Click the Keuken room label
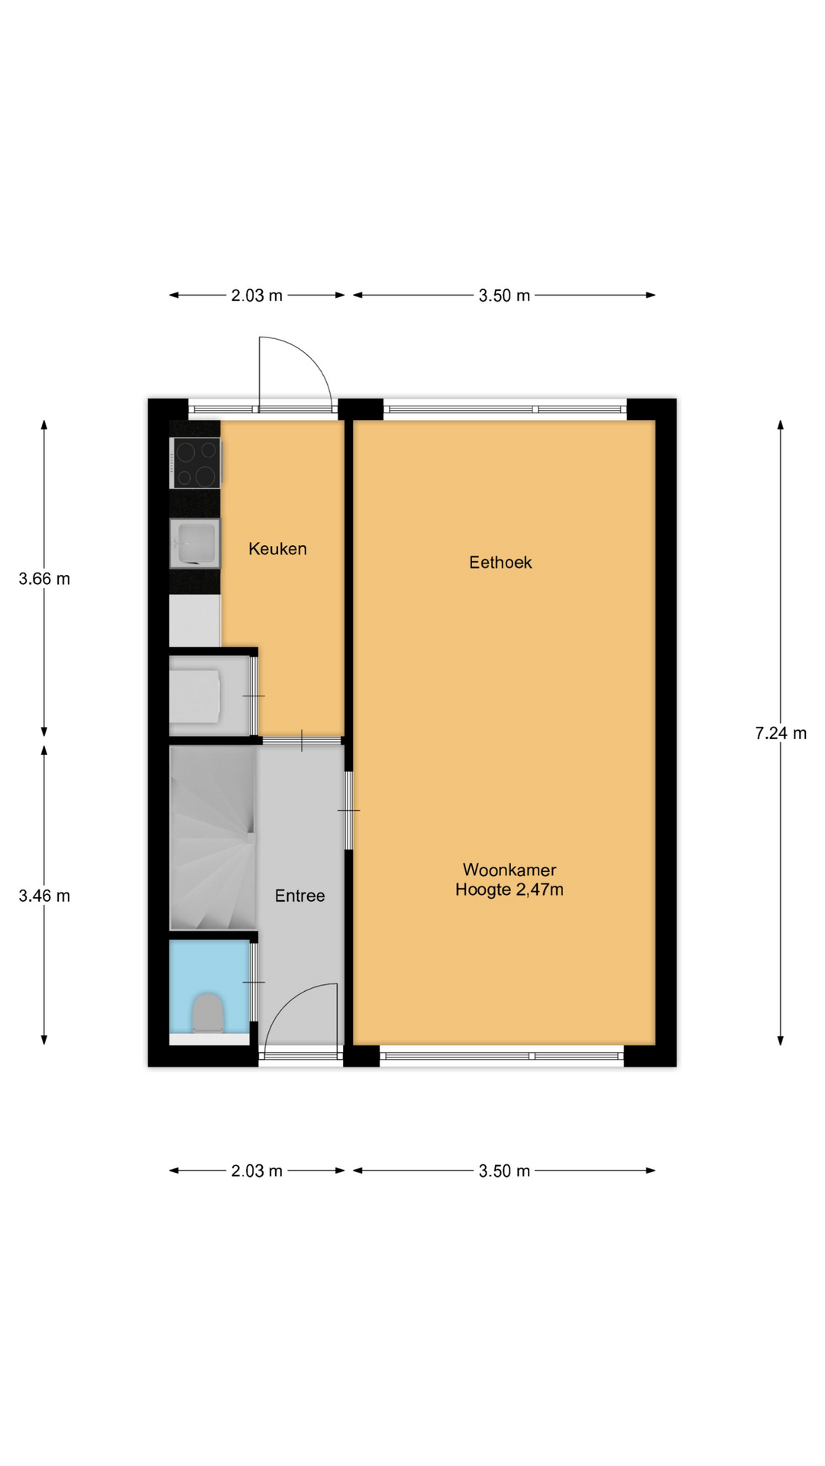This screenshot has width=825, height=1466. pyautogui.click(x=277, y=548)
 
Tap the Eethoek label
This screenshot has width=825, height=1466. pyautogui.click(x=500, y=562)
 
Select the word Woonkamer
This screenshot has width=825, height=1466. pyautogui.click(x=510, y=870)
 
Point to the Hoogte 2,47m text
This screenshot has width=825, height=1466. pyautogui.click(x=510, y=890)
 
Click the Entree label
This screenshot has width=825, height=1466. pyautogui.click(x=300, y=896)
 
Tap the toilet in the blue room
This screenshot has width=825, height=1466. pyautogui.click(x=208, y=1012)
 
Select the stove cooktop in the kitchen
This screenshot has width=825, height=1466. pyautogui.click(x=196, y=463)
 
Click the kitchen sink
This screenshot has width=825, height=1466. pyautogui.click(x=196, y=544)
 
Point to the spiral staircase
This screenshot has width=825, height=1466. pyautogui.click(x=213, y=838)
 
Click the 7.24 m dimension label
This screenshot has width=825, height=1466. pyautogui.click(x=781, y=733)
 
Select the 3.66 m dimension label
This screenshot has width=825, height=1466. pyautogui.click(x=44, y=579)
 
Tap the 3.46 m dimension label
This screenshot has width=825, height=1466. pyautogui.click(x=44, y=896)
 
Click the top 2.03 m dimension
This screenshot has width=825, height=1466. pyautogui.click(x=257, y=295)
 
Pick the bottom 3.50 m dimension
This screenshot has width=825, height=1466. pyautogui.click(x=504, y=1171)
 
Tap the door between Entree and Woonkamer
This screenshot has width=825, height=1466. pyautogui.click(x=348, y=810)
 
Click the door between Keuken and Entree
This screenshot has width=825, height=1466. pyautogui.click(x=302, y=741)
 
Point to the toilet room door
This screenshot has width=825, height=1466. pyautogui.click(x=254, y=982)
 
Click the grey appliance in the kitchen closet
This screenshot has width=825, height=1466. pyautogui.click(x=196, y=696)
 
